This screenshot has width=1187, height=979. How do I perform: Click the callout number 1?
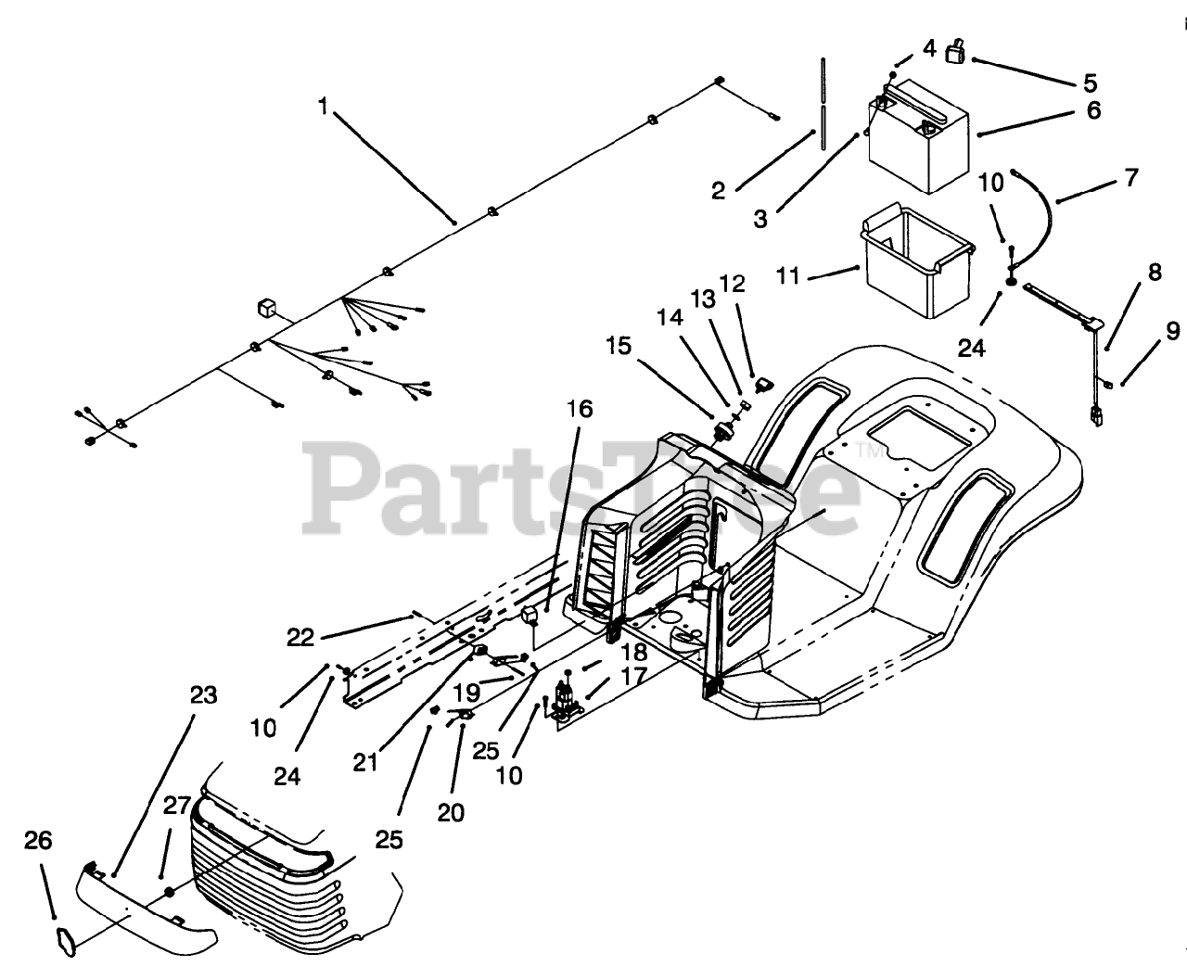pyautogui.click(x=323, y=107)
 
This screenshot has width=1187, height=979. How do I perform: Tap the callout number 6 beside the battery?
pyautogui.click(x=1093, y=110)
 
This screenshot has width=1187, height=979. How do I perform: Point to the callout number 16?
pyautogui.click(x=581, y=409)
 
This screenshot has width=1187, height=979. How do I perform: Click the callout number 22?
pyautogui.click(x=300, y=637)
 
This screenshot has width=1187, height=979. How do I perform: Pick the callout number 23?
pyautogui.click(x=203, y=695)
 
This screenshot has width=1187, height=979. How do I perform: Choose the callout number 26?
pyautogui.click(x=39, y=841)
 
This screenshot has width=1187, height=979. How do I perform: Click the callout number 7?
pyautogui.click(x=1130, y=177)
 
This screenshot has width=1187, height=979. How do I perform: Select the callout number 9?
pyautogui.click(x=1173, y=330)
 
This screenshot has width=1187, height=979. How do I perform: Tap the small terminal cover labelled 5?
pyautogui.click(x=954, y=53)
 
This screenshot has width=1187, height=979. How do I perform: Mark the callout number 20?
pyautogui.click(x=451, y=812)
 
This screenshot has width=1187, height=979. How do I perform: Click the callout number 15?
pyautogui.click(x=619, y=347)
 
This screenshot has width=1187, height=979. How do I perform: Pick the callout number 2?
pyautogui.click(x=719, y=192)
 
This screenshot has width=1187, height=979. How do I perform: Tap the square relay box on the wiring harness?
pyautogui.click(x=266, y=307)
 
